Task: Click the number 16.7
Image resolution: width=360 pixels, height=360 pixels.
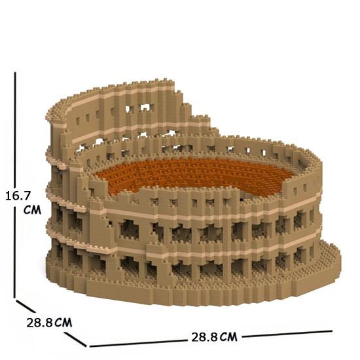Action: (x=18, y=196)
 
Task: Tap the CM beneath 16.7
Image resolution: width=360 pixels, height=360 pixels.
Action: (x=32, y=210)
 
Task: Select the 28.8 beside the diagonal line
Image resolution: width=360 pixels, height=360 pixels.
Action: (x=40, y=323)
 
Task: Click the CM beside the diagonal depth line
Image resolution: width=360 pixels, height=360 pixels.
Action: (x=63, y=322)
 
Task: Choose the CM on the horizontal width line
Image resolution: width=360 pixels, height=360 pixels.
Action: (x=228, y=337)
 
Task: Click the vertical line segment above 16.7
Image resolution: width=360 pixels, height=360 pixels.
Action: (x=15, y=130)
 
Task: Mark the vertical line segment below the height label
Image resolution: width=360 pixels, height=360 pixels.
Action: (x=15, y=252)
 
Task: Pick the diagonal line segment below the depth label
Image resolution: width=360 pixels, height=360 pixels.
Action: (x=75, y=339)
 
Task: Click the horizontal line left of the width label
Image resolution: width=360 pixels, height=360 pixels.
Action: (x=138, y=343)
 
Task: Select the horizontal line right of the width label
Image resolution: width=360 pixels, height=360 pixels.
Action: (x=287, y=334)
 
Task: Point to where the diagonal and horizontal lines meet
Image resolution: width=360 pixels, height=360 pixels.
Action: (x=88, y=346)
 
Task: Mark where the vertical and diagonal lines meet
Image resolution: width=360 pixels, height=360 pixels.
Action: (x=15, y=298)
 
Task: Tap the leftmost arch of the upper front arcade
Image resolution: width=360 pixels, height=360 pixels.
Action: (x=129, y=230)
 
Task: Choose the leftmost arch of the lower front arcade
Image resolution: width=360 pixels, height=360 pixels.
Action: (x=129, y=264)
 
